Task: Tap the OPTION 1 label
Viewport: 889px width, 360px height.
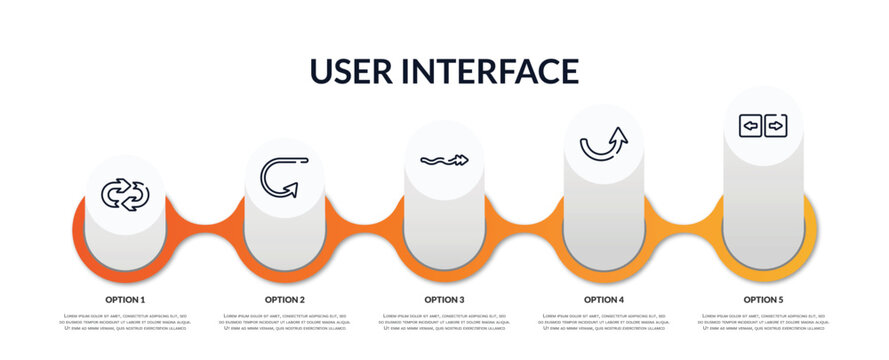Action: click(x=125, y=299)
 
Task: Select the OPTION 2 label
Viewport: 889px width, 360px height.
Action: click(x=285, y=299)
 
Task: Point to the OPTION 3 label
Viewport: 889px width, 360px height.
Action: click(x=444, y=299)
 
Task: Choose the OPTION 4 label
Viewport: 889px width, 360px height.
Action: click(x=604, y=299)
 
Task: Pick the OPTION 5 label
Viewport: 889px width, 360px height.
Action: click(x=763, y=299)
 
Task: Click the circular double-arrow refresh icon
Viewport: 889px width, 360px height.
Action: click(x=125, y=194)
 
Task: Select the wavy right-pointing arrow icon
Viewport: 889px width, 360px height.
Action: click(x=444, y=160)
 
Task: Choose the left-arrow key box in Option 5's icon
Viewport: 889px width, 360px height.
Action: click(x=750, y=126)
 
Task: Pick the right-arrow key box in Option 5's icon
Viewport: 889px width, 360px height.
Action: click(x=775, y=126)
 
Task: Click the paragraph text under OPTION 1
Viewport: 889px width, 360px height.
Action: click(x=125, y=322)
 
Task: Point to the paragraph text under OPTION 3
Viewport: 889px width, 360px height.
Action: click(x=444, y=322)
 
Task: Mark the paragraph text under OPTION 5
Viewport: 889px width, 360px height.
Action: click(x=763, y=322)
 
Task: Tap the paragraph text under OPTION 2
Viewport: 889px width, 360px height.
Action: click(x=285, y=322)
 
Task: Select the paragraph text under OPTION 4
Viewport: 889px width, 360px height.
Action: click(x=604, y=322)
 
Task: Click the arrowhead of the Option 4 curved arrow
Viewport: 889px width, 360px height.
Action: click(x=619, y=134)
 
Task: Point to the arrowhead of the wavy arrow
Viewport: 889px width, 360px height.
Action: click(x=462, y=159)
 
